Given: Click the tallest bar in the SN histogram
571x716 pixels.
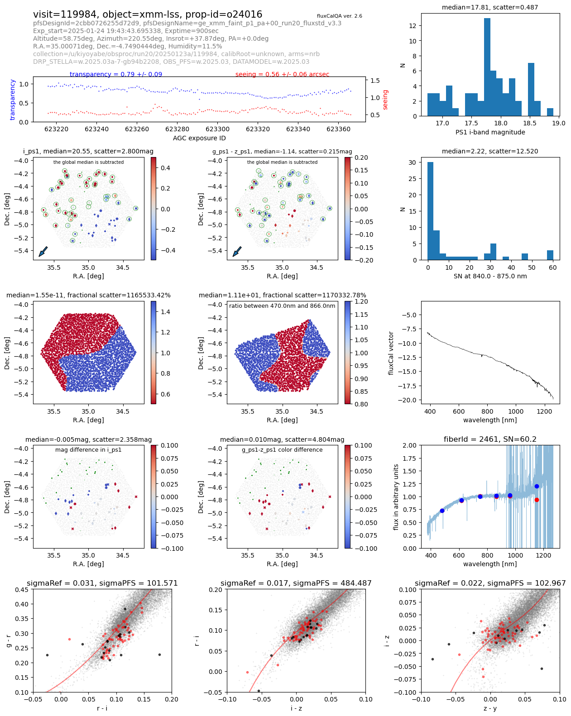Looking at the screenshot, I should tap(430, 211).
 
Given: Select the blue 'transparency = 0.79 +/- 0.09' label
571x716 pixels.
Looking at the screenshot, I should tap(116, 74).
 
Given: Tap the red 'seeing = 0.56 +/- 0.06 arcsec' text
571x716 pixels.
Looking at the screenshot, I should tap(282, 74).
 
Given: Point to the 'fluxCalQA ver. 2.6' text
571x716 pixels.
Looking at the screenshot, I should tap(339, 16).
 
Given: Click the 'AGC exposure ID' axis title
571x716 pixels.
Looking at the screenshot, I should tap(199, 138).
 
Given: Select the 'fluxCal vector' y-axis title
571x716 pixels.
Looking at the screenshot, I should tap(391, 353).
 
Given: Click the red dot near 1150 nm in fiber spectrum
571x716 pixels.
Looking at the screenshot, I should tap(537, 500).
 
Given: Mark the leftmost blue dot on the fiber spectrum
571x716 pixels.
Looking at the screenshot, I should tap(442, 511).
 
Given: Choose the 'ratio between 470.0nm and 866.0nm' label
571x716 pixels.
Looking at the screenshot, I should tap(282, 306).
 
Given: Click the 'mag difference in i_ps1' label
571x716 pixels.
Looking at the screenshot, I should tap(88, 450).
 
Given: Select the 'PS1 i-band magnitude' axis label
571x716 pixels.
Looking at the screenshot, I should tap(490, 132).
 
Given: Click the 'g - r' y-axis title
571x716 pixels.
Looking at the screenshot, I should tap(9, 640).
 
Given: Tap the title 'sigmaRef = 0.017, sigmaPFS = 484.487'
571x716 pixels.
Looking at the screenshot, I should tap(296, 583).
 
